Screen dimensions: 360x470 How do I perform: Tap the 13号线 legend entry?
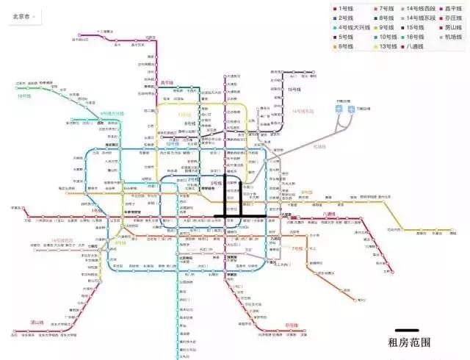(385, 46)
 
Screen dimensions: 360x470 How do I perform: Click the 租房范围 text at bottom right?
(408, 342)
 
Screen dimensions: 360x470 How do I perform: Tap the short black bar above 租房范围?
(406, 330)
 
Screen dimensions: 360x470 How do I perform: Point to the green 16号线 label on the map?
(24, 96)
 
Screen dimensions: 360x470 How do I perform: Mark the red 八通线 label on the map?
(333, 214)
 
